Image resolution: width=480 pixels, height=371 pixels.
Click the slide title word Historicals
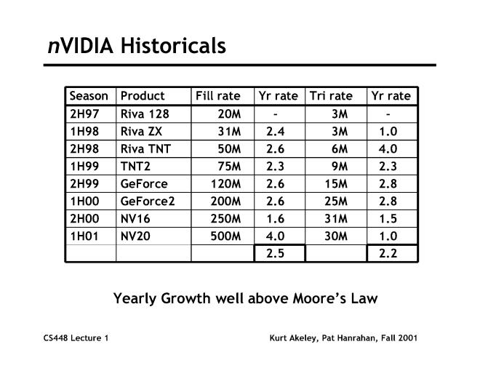[x=173, y=46]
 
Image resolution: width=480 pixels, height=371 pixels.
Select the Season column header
[x=89, y=96]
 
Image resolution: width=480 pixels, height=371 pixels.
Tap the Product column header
[x=143, y=96]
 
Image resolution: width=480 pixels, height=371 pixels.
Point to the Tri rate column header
[x=331, y=96]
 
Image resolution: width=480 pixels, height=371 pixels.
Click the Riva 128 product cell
[x=145, y=113]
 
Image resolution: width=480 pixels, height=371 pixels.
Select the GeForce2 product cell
[x=148, y=201]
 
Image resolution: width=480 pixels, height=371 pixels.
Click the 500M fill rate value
[x=226, y=236]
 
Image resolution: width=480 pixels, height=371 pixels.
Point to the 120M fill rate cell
[x=226, y=183]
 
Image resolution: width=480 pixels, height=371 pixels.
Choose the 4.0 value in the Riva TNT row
[x=388, y=148]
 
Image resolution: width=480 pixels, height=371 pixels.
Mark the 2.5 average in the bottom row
[x=275, y=253]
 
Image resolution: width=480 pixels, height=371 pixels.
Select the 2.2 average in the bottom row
[x=388, y=253]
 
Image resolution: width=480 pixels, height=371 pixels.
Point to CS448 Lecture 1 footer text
[x=76, y=338]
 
